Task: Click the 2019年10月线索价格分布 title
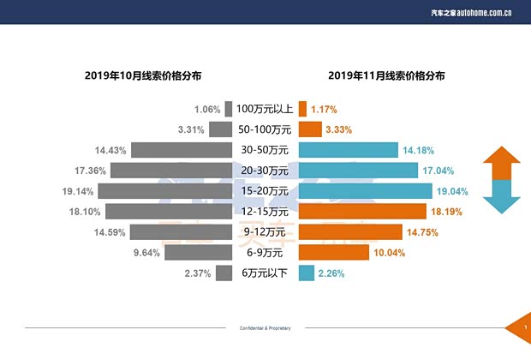click(143, 75)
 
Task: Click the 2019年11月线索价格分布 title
click(386, 75)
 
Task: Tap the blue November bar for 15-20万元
click(365, 191)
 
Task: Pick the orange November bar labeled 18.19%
click(361, 212)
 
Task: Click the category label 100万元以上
click(265, 109)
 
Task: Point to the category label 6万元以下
click(265, 273)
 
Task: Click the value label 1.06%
click(207, 110)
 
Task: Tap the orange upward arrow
click(501, 163)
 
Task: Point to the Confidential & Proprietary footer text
click(265, 328)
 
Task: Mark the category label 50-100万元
click(265, 129)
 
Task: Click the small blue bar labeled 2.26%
click(303, 273)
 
